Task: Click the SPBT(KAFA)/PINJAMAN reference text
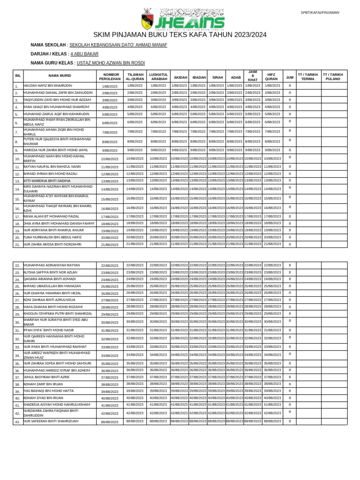click(x=320, y=13)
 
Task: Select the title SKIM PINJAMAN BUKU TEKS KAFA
click(x=180, y=35)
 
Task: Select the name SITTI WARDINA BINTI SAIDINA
click(x=47, y=180)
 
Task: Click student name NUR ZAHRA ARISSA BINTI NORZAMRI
click(x=52, y=244)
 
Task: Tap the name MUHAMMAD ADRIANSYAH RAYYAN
click(x=52, y=265)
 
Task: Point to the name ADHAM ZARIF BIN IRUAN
click(x=43, y=383)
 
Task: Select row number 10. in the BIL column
click(x=17, y=159)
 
